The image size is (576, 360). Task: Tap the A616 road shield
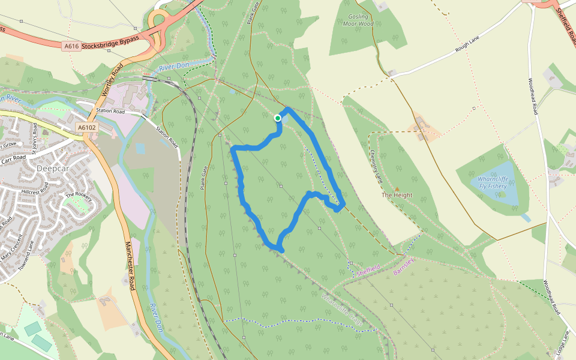point(71,46)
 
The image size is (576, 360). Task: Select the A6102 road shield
point(86,127)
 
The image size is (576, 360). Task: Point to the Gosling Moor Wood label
point(358,20)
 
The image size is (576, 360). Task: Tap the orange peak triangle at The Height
point(397,189)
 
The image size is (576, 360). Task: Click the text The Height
point(397,196)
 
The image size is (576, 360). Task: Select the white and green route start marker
point(278,118)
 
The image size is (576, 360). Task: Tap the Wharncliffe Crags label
point(343,310)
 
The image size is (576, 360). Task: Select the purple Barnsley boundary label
point(404,264)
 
